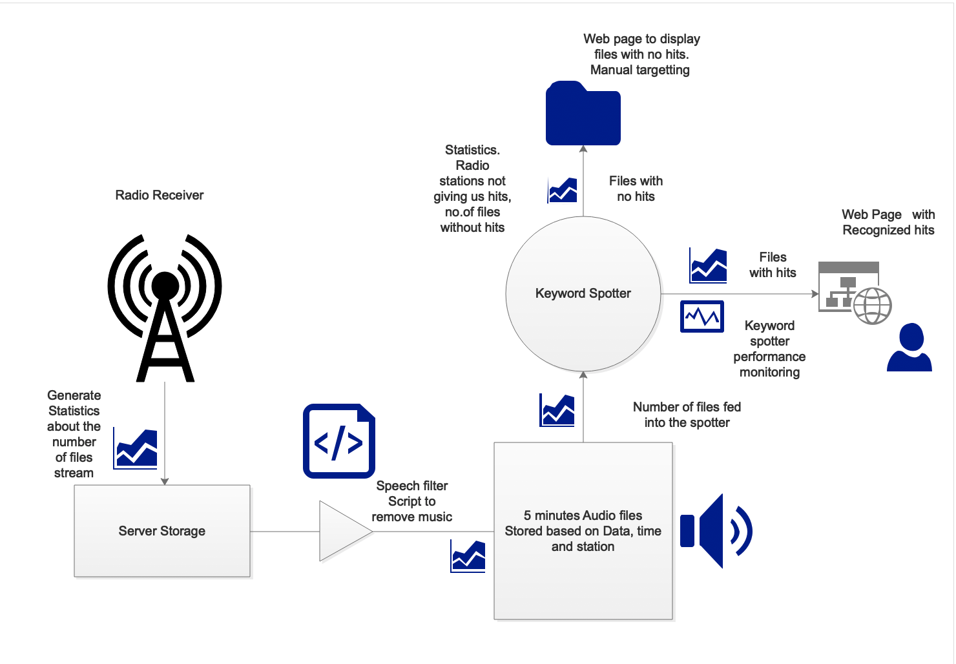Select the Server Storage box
click(x=162, y=531)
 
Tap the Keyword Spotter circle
click(x=583, y=294)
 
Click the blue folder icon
click(x=583, y=114)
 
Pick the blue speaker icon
click(x=716, y=531)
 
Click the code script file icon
click(x=339, y=441)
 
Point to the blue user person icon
click(x=909, y=348)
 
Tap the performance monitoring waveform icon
click(x=702, y=316)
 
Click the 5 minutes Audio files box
click(x=583, y=531)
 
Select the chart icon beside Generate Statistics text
click(x=136, y=448)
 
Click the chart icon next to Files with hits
click(x=708, y=265)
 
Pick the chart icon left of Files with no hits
click(x=562, y=191)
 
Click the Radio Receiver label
click(x=160, y=195)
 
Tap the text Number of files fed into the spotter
click(x=687, y=415)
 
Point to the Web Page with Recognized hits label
click(x=888, y=222)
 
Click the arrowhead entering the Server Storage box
click(x=165, y=481)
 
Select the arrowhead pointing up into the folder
click(x=583, y=149)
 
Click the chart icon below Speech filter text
click(x=468, y=556)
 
